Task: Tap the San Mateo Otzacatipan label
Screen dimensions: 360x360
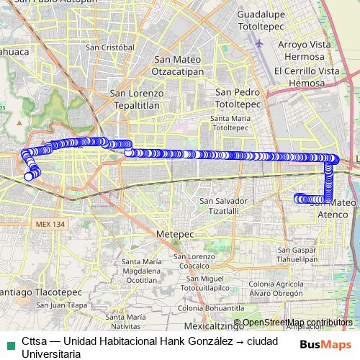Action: point(179,66)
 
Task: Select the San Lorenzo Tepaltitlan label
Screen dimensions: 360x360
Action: point(137,99)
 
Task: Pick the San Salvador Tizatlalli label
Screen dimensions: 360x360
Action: point(223,205)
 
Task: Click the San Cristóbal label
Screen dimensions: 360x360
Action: point(110,47)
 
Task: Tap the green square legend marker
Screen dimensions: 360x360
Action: point(9,341)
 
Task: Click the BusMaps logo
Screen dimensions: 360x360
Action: point(326,344)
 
